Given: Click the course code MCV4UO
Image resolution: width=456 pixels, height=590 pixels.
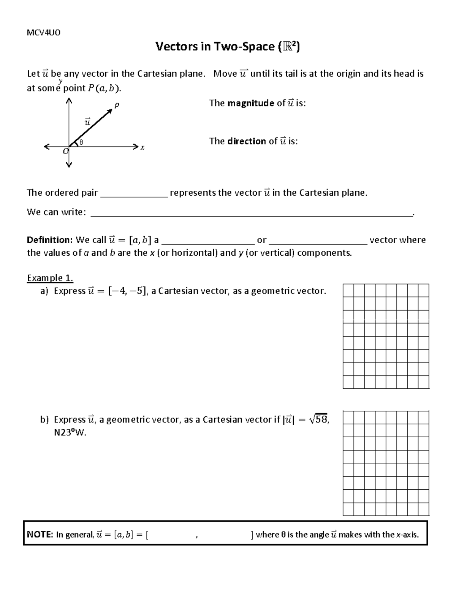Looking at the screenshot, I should point(43,32).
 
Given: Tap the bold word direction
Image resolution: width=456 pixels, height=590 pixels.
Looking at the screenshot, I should point(247,141).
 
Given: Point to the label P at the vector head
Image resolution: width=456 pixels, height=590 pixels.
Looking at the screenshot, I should point(117,106).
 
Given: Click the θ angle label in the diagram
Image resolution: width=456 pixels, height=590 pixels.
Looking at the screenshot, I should point(81,142).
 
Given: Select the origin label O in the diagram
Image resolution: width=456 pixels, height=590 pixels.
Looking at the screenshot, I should point(65,152).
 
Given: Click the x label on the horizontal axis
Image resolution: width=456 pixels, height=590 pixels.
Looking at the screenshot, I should point(142,147).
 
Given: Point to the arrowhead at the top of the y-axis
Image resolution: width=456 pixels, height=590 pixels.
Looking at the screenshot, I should point(69,101).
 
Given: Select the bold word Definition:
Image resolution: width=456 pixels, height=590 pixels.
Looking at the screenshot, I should point(49,240).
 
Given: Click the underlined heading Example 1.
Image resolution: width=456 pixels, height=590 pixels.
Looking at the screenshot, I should point(50,278).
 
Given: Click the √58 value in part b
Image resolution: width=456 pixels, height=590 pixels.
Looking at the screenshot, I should point(318,419).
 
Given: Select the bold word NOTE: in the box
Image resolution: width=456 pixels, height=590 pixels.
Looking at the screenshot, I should point(40,535).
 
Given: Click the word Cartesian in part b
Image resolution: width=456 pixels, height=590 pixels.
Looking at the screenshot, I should point(223,419).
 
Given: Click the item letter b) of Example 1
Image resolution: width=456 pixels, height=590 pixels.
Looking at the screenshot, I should point(44,419).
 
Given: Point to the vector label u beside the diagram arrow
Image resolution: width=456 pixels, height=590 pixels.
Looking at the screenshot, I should point(87,122).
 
